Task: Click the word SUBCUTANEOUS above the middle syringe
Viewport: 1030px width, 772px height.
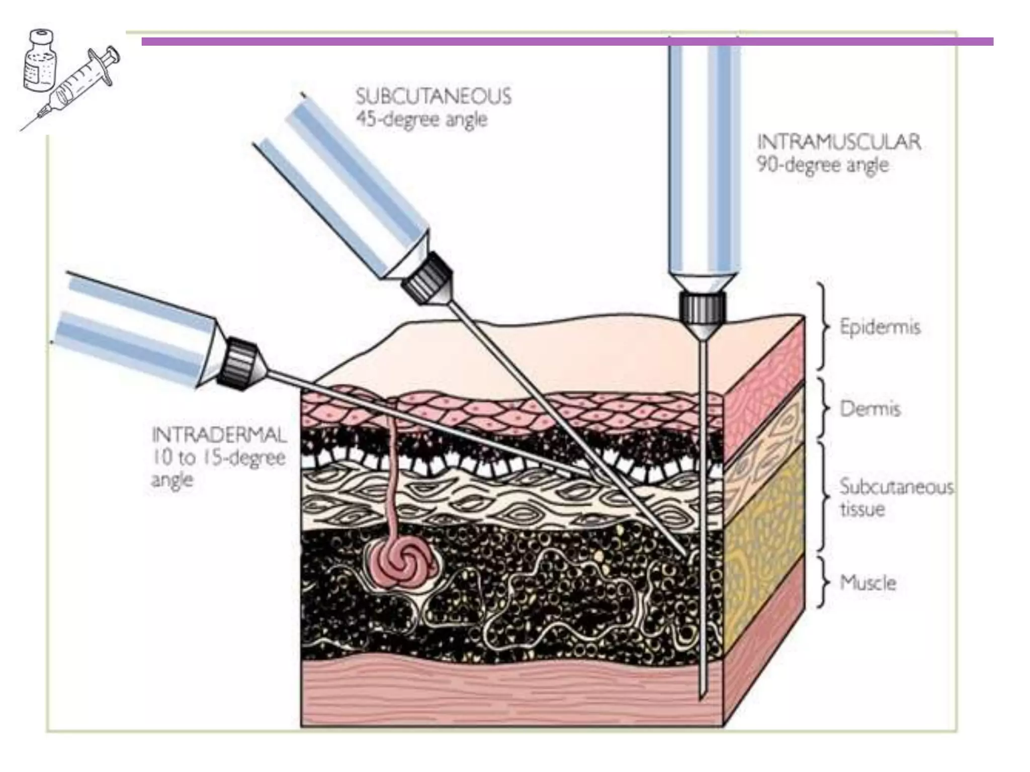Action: pyautogui.click(x=433, y=96)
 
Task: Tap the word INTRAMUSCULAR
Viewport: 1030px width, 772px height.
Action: pyautogui.click(x=839, y=142)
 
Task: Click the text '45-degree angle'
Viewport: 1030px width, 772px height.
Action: pyautogui.click(x=421, y=120)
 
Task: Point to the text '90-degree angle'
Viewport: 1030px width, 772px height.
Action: pyautogui.click(x=822, y=165)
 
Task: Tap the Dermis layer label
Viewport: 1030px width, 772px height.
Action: pyautogui.click(x=870, y=409)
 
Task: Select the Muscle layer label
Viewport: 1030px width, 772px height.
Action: pyautogui.click(x=868, y=583)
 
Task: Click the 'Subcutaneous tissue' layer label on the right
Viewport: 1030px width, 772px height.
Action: pyautogui.click(x=895, y=498)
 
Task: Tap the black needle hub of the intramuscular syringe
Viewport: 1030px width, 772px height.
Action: pyautogui.click(x=702, y=308)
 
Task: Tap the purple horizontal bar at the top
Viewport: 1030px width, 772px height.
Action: pyautogui.click(x=567, y=41)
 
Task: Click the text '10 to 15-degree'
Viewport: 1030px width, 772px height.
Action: pyautogui.click(x=219, y=457)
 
